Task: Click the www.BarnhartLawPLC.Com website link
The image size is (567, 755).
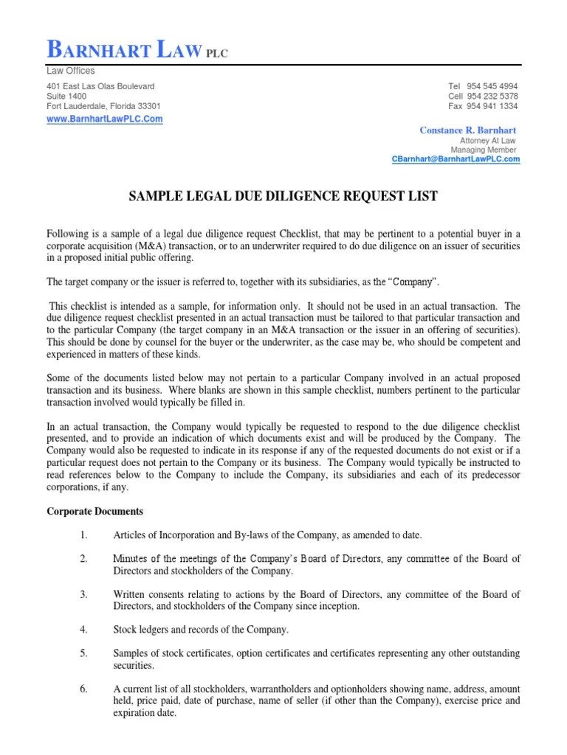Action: (105, 119)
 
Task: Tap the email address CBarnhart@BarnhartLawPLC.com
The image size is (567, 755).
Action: (456, 159)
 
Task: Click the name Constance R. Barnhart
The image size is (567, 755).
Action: (468, 131)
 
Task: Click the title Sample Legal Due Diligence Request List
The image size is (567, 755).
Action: (283, 196)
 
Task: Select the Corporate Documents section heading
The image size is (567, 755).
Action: (95, 511)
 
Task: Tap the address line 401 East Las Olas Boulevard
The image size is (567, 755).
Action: (100, 86)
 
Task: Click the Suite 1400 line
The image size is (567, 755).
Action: (66, 97)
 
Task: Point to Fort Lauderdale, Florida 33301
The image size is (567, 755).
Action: (103, 106)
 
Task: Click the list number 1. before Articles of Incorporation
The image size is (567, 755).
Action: (83, 535)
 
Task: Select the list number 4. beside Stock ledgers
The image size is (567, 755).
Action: (83, 629)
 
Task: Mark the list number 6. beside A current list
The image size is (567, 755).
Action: (83, 689)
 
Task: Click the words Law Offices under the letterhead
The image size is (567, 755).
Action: (71, 71)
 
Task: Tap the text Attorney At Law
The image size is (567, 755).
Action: (488, 140)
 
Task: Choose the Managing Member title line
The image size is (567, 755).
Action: (484, 150)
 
